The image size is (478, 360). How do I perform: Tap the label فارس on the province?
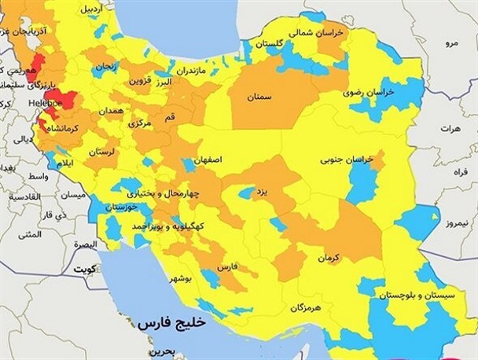coord(226,267)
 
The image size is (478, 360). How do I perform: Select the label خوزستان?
coord(124,207)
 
